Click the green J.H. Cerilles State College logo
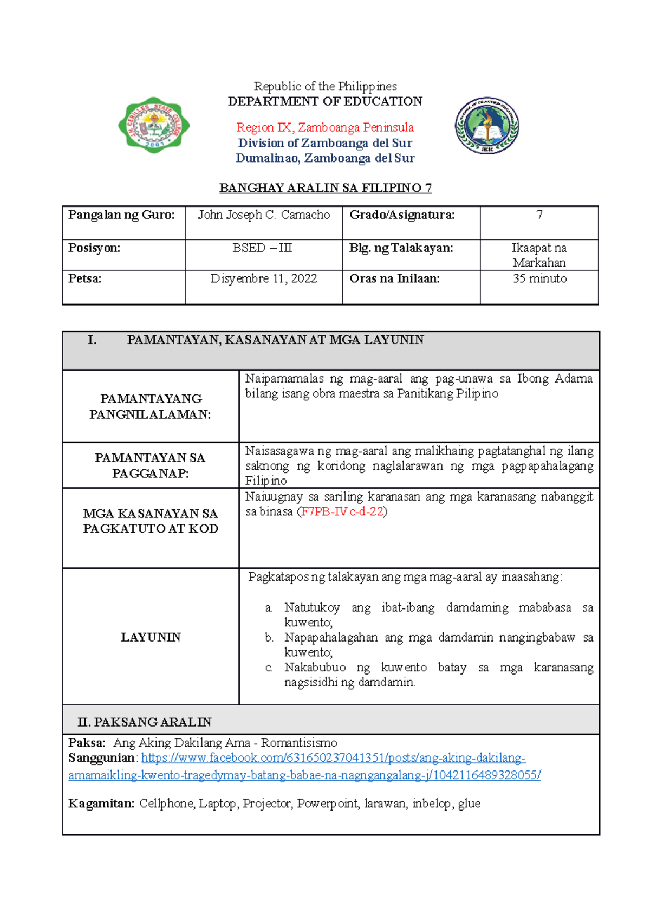point(154,125)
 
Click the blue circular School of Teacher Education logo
point(487,126)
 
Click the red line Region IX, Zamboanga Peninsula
point(325,127)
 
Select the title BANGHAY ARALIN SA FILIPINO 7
point(325,188)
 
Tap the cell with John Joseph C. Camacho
point(264,215)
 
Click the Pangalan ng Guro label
point(121,215)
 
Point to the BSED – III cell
point(263,248)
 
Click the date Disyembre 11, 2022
point(264,278)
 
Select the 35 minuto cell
point(539,278)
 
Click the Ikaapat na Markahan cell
point(539,255)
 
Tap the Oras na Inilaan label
point(394,278)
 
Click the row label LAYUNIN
point(151,637)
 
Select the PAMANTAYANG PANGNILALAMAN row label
point(151,406)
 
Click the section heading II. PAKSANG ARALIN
point(145,722)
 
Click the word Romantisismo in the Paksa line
point(299,743)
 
